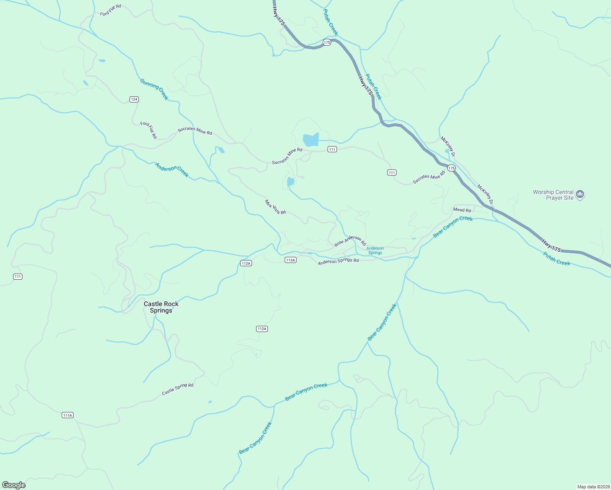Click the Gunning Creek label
(154, 89)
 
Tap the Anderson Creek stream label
(172, 170)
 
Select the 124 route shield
(134, 99)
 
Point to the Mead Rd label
(462, 210)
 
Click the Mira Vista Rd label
(275, 207)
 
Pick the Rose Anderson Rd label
(350, 241)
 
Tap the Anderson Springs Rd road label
(338, 261)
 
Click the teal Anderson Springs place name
(375, 250)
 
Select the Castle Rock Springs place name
(161, 307)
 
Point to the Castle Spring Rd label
(178, 389)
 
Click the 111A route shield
(67, 415)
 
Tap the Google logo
(14, 485)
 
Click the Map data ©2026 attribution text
(593, 487)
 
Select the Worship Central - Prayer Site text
(553, 195)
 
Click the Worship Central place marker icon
(580, 194)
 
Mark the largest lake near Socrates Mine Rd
(311, 140)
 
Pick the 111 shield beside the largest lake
(332, 149)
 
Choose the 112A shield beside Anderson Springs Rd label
(290, 260)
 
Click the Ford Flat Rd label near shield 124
(149, 130)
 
